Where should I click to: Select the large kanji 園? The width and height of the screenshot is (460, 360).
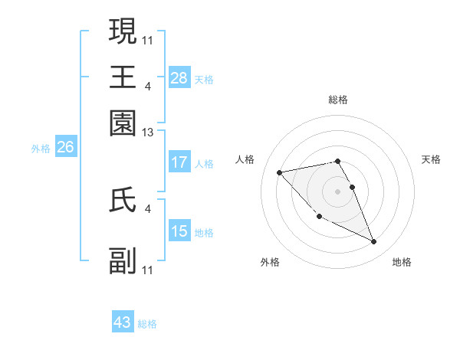123,123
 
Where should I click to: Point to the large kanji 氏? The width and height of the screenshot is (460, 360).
123,199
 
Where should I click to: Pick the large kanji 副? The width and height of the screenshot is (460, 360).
123,260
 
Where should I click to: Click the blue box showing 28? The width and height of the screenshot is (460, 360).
179,78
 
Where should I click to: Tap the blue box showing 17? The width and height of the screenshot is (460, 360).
179,162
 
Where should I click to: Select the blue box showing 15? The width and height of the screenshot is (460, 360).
179,231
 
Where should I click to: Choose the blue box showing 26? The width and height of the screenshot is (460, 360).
65,148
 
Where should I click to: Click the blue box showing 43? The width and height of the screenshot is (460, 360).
123,322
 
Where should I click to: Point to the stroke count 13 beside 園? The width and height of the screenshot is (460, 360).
148,133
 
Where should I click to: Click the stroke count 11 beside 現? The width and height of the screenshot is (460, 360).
148,40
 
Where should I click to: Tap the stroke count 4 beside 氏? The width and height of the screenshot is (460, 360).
148,208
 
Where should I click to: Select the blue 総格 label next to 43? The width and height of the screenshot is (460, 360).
147,324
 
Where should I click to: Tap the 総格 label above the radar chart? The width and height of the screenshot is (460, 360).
338,100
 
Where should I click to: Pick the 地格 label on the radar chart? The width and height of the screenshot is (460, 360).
402,263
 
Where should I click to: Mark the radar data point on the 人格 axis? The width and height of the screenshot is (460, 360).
280,172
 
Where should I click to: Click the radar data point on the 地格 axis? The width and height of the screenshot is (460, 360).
374,242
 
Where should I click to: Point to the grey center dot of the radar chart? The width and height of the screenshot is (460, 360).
338,191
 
